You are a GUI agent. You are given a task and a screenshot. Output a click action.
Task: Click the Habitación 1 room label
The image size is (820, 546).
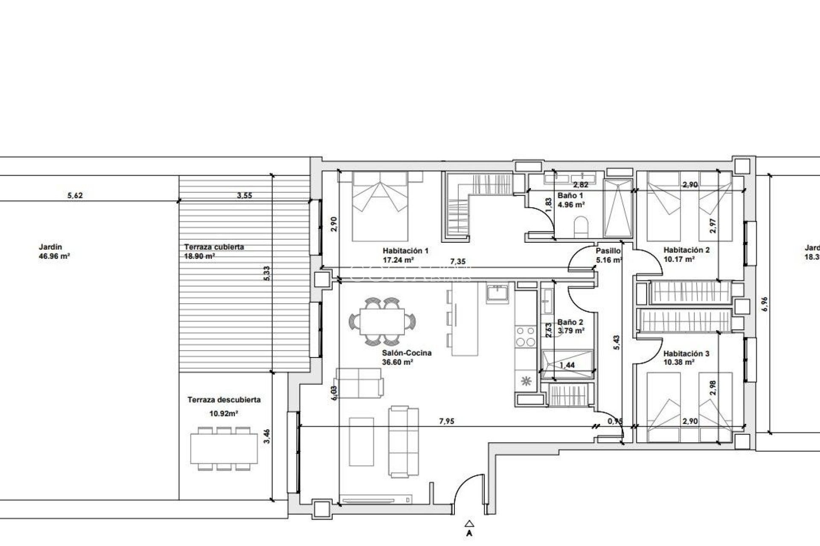coord(405,251)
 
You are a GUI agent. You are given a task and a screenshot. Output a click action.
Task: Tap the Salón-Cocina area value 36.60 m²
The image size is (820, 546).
coord(398,362)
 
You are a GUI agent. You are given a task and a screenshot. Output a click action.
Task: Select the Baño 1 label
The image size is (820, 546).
coord(570,195)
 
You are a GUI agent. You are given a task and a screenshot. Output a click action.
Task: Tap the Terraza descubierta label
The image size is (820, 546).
coord(224,400)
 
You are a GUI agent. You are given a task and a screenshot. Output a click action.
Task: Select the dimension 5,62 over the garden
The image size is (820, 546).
coord(75,196)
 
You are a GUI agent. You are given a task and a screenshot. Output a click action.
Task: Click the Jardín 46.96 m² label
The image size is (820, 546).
coord(54,252)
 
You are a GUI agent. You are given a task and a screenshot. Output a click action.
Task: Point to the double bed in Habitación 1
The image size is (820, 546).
coord(379,206)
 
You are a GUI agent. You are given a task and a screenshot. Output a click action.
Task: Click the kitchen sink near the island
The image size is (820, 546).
coord(497,294)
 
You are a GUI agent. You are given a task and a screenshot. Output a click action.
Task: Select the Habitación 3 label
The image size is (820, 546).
coord(686,354)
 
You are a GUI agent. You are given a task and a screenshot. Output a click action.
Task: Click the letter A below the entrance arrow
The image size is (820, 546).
coord(469,533)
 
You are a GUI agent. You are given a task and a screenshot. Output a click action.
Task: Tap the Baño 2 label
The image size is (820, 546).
coord(570,323)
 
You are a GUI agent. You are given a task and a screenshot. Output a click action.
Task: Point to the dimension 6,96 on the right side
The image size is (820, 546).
coord(765,304)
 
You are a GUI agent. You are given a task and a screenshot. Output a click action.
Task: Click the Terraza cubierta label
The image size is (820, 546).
coord(214,247)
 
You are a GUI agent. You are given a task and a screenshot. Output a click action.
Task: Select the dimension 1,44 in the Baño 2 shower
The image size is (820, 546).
coord(567,365)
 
